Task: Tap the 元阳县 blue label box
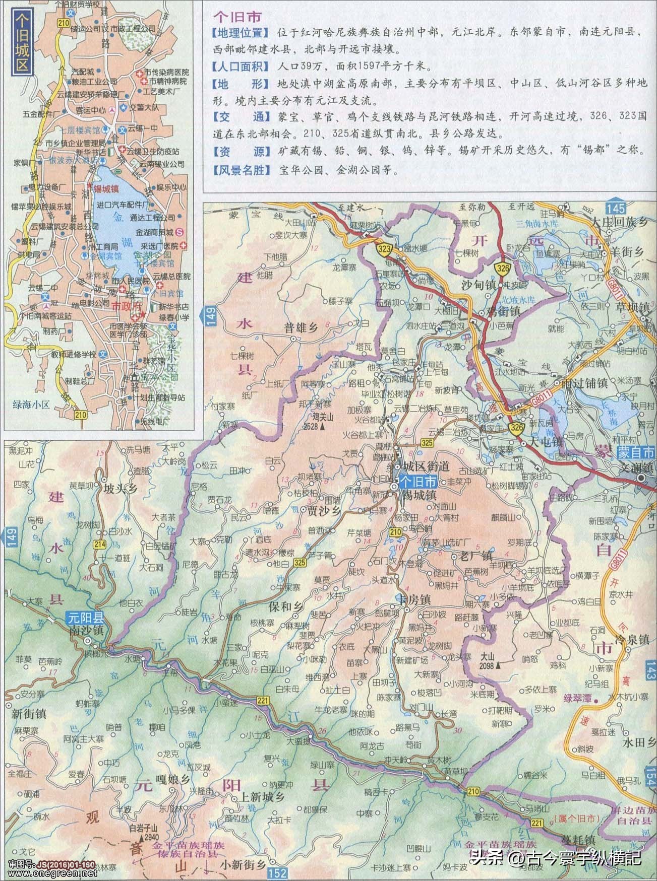tap(86, 618)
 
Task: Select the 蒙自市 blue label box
tap(635, 452)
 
